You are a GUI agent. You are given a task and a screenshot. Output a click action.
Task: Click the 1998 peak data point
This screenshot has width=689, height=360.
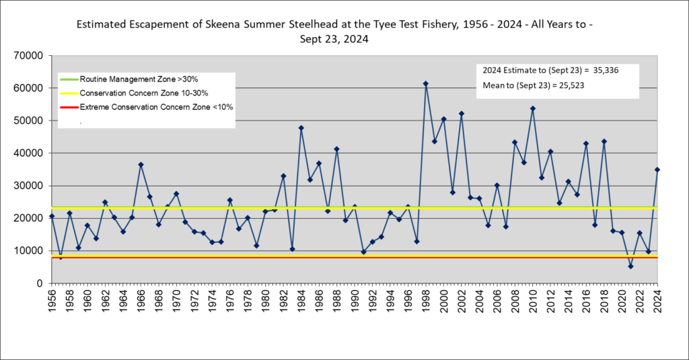pyautogui.click(x=426, y=83)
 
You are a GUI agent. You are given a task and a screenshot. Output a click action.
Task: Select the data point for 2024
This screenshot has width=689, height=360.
pyautogui.click(x=657, y=170)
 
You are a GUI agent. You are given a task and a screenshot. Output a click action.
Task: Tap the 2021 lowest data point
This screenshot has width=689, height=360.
pyautogui.click(x=630, y=266)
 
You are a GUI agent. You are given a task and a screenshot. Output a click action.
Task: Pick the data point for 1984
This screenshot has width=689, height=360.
pyautogui.click(x=301, y=128)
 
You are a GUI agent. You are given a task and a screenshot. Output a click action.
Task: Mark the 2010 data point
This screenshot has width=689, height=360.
pyautogui.click(x=533, y=108)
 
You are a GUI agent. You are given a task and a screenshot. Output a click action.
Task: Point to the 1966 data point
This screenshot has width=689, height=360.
pyautogui.click(x=141, y=164)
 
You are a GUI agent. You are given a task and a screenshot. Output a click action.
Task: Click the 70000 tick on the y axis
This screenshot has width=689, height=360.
pyautogui.click(x=29, y=55)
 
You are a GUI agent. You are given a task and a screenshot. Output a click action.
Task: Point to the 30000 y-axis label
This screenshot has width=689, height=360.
pyautogui.click(x=29, y=186)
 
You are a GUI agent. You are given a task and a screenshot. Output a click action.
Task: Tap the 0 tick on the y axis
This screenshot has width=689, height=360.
pyautogui.click(x=40, y=283)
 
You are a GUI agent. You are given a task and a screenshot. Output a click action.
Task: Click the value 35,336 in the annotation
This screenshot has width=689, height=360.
pyautogui.click(x=606, y=70)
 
